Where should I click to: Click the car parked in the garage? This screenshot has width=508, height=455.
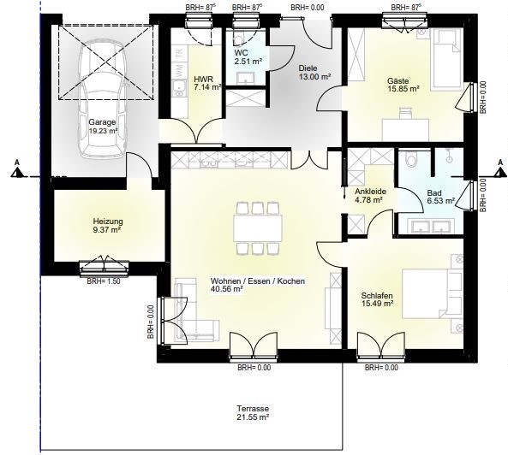tap(102, 99)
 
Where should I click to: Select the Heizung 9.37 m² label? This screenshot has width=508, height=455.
tap(108, 226)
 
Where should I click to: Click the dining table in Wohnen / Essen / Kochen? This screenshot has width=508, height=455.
tap(258, 228)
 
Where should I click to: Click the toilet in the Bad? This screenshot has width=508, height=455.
tap(412, 159)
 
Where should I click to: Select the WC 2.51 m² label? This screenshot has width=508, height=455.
tap(248, 57)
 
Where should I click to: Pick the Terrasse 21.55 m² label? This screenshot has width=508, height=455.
tap(253, 413)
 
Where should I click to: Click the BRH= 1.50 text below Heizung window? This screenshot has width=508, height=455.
tap(104, 281)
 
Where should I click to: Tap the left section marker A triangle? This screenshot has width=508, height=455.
tap(17, 174)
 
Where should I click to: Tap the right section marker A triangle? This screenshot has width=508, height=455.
tap(499, 174)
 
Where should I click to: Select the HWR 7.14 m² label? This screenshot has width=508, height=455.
tap(207, 83)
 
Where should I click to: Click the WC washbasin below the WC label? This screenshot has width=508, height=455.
tap(245, 78)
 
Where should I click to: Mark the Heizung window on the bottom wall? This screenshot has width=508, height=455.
tap(105, 267)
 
